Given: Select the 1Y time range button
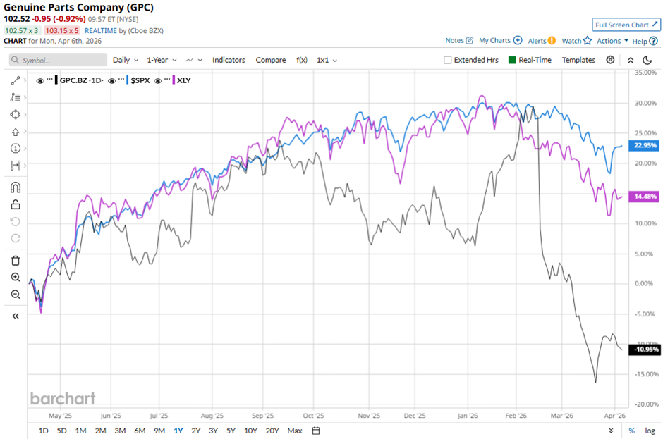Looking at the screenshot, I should point(179,431).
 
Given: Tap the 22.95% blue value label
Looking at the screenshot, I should point(645,146).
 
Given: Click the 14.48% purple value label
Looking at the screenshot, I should point(645,197).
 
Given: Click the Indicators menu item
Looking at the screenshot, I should point(229,60).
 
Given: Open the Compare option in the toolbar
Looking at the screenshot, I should point(271,60).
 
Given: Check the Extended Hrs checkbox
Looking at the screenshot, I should point(448,60).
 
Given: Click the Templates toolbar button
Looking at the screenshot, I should point(578,60).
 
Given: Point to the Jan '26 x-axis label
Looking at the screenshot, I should point(469,416).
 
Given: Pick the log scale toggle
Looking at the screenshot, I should point(650,431).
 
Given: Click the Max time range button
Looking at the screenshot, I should point(295,431).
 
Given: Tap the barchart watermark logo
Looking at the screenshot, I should point(63,399).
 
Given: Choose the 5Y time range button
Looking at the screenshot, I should point(231,431).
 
